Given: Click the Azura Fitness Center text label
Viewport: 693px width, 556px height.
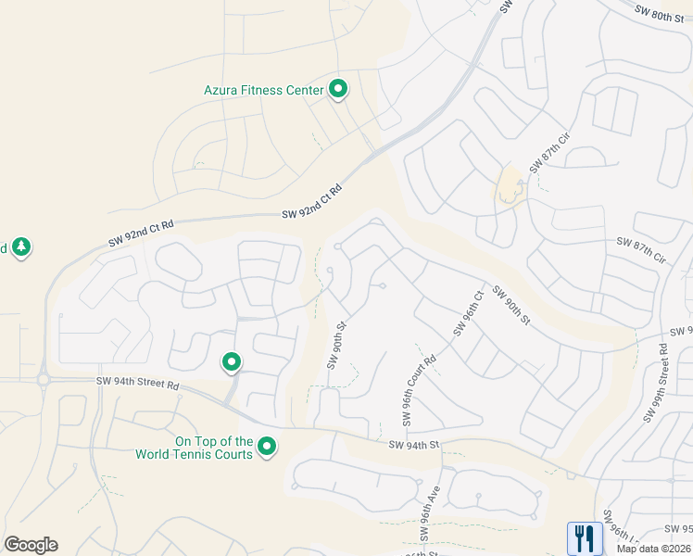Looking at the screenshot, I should (x=263, y=90).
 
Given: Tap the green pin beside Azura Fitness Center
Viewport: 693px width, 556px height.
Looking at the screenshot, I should (x=338, y=90).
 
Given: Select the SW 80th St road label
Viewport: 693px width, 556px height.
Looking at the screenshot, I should (x=660, y=12).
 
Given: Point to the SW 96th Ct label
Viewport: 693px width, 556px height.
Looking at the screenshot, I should (x=469, y=313).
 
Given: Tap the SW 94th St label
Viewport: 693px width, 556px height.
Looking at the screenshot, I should (x=413, y=445).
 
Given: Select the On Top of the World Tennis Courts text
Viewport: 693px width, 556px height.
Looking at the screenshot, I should (x=194, y=448).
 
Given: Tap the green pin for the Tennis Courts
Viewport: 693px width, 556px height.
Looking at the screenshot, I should (x=267, y=448).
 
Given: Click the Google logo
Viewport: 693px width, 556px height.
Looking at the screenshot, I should (x=31, y=545).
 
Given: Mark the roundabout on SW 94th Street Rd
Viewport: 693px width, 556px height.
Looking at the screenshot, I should (x=43, y=380).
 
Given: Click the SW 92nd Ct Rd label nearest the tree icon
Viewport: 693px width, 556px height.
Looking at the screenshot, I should (x=142, y=231).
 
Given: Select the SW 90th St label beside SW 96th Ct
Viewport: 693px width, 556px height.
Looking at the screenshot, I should (x=510, y=305).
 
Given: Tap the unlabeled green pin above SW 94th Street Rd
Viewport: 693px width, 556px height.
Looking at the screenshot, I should (x=231, y=362).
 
